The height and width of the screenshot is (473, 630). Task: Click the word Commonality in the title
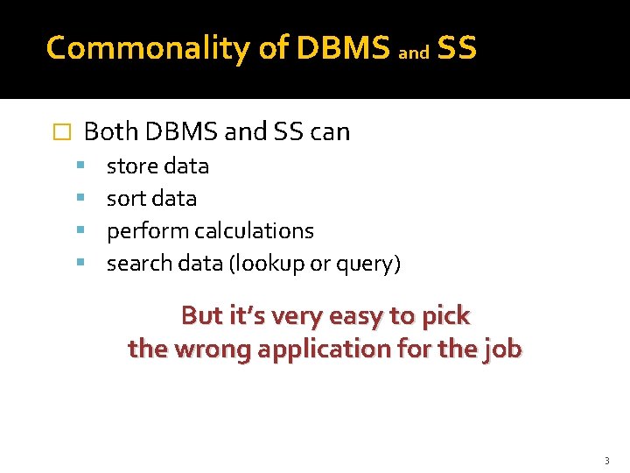pos(148,48)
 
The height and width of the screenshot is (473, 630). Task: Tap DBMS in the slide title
pos(343,48)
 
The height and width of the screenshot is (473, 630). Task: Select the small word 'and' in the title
pos(414,53)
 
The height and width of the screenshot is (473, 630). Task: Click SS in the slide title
pos(457,48)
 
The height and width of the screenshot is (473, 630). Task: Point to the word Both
pos(110,132)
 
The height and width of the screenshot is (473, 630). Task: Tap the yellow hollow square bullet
pos(60,133)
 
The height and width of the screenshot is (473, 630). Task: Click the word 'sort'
pos(125,199)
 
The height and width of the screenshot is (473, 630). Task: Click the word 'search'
pos(136,264)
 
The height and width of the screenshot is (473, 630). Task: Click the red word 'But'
pos(200,315)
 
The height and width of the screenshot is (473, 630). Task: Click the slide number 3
pos(605,461)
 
